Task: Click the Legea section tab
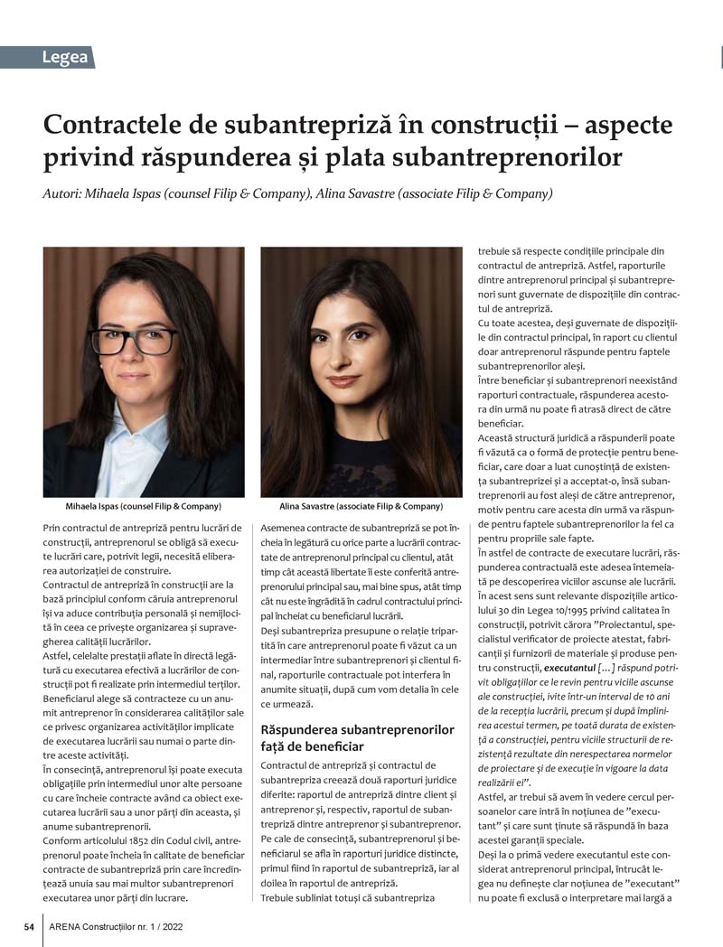coord(64,58)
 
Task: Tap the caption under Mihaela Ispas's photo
coord(144,506)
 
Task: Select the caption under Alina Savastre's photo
coord(361,506)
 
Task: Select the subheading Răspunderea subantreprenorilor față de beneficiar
coord(357,737)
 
